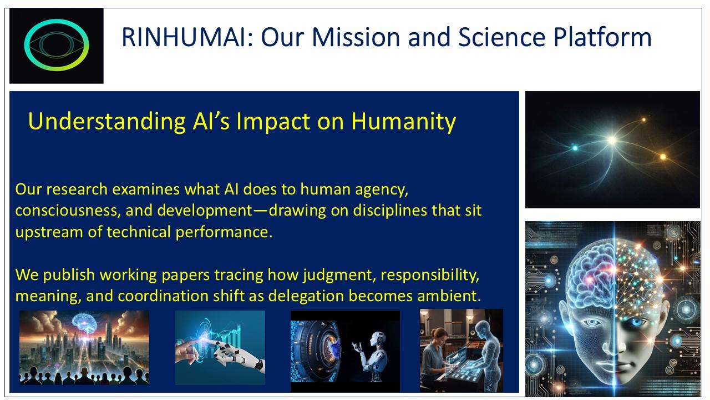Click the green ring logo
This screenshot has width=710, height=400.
pos(57,45)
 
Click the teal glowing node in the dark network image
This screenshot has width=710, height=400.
pos(575,148)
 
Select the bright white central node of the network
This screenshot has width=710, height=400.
pos(612,140)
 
